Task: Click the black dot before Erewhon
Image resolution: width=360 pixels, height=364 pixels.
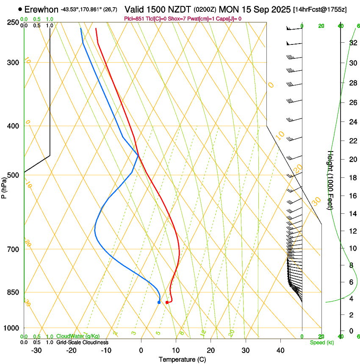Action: point(20,9)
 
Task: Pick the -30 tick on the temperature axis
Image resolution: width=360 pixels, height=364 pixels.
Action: point(36,350)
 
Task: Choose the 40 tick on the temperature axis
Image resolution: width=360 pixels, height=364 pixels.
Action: point(280,350)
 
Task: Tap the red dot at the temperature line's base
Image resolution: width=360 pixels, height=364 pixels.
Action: point(167,302)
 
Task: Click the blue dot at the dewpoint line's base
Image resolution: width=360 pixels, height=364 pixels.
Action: point(159,302)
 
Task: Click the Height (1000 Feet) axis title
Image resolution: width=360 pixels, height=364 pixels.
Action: point(330,180)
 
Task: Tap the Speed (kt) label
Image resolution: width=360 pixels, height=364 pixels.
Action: point(321,342)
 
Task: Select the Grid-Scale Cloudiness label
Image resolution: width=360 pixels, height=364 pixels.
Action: point(82,342)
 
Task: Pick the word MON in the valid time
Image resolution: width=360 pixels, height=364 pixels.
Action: point(228,9)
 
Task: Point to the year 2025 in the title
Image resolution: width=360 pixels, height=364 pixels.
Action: point(278,9)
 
